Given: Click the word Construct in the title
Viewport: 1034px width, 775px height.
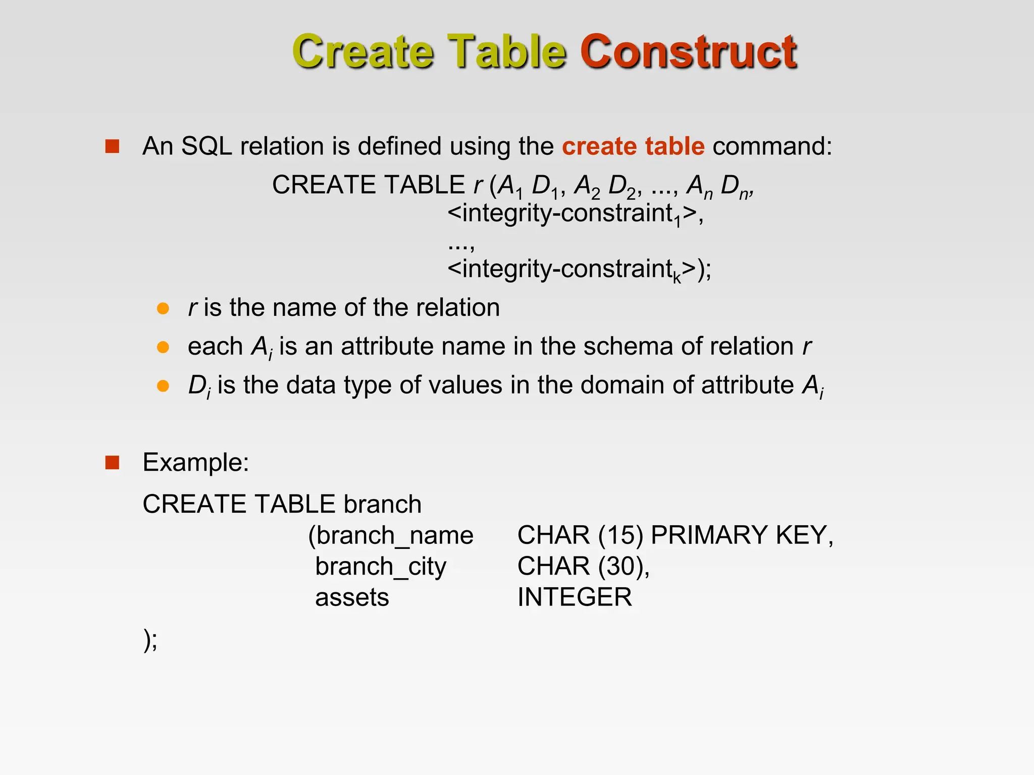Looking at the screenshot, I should click(688, 51).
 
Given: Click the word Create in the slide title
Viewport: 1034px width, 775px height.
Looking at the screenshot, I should click(363, 51).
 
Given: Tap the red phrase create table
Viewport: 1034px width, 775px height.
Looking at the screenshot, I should click(633, 146).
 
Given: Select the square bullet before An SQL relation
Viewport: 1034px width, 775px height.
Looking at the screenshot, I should click(112, 146).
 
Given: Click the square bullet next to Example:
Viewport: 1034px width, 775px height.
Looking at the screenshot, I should click(112, 462).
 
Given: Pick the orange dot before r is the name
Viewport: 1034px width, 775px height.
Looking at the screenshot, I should click(163, 308).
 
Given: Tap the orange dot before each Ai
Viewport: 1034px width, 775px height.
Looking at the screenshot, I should click(163, 347).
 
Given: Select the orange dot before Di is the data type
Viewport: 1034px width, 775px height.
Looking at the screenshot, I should click(163, 386).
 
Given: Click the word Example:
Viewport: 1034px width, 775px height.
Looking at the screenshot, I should click(195, 462).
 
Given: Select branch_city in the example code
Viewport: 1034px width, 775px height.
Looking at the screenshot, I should click(381, 567).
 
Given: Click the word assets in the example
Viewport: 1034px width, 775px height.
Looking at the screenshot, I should click(352, 597).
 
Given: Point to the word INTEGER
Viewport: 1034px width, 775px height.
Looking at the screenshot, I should click(574, 597).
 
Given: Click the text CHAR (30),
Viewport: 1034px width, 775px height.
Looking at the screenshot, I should click(583, 567).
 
